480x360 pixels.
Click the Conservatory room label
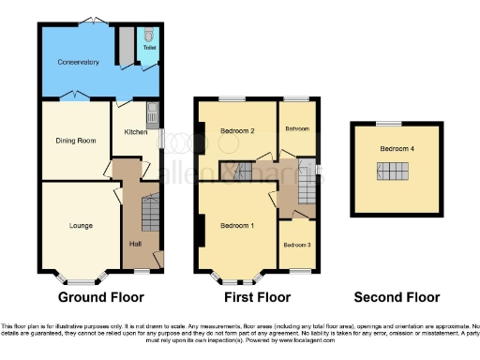pyautogui.click(x=76, y=62)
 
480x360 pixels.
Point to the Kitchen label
pyautogui.click(x=136, y=132)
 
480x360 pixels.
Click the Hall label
pyautogui.click(x=134, y=246)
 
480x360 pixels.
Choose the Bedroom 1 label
pyautogui.click(x=237, y=226)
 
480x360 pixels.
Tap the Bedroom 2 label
pyautogui.click(x=238, y=131)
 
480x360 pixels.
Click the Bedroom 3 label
pyautogui.click(x=297, y=245)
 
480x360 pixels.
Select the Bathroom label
pyautogui.click(x=297, y=127)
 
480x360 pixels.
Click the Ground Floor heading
pyautogui.click(x=101, y=297)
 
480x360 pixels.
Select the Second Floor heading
pyautogui.click(x=397, y=297)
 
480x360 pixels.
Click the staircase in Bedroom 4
pyautogui.click(x=394, y=172)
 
